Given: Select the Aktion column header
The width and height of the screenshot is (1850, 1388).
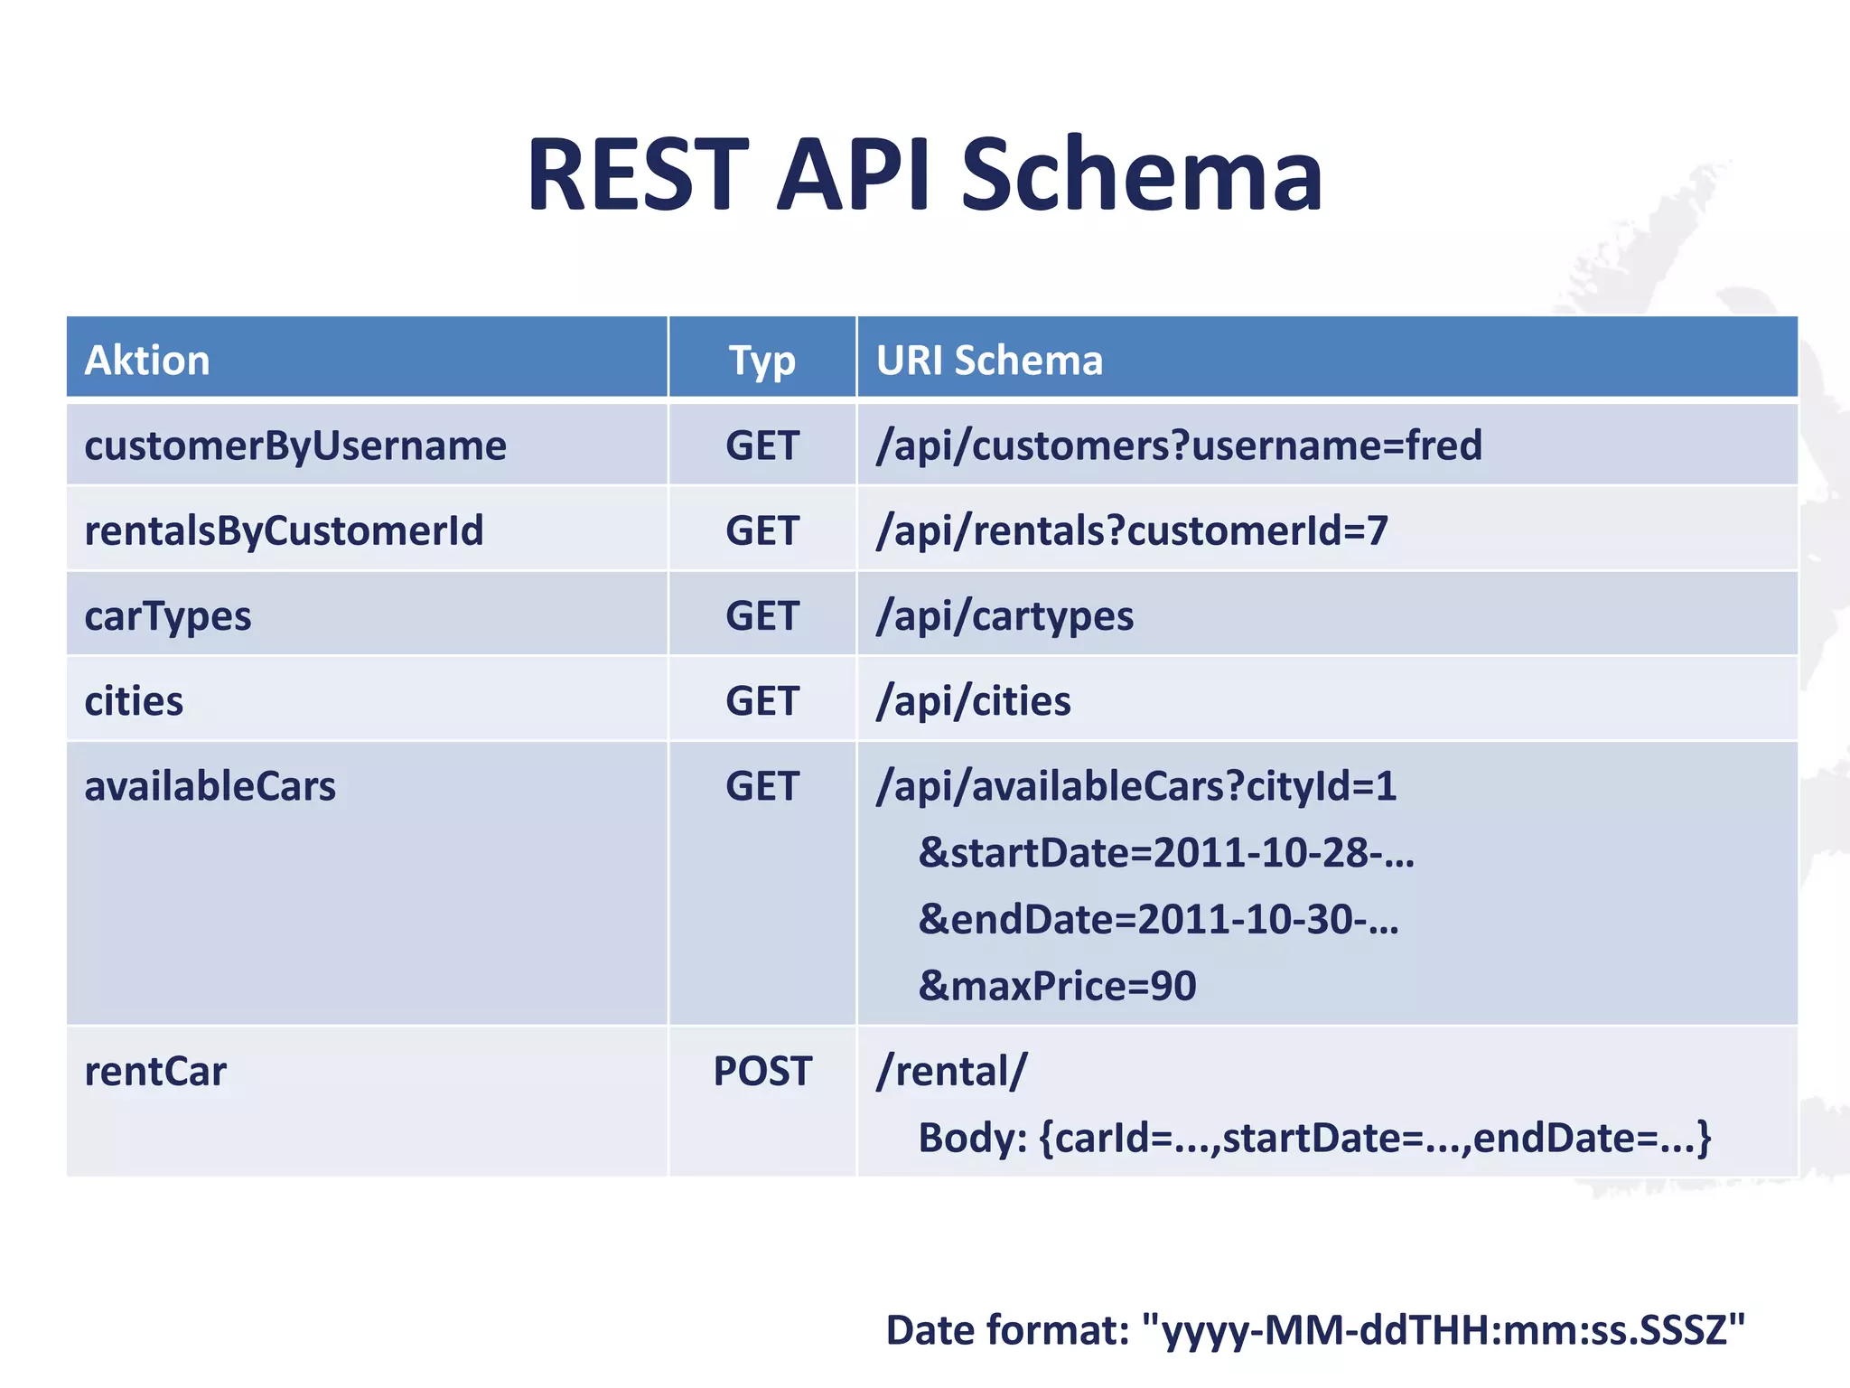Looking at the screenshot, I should [x=147, y=360].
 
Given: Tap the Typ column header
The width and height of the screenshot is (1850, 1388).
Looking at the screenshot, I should [x=761, y=360].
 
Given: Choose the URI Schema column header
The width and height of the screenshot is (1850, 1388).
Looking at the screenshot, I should [x=989, y=360].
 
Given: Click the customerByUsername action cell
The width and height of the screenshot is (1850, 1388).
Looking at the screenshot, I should [x=295, y=445].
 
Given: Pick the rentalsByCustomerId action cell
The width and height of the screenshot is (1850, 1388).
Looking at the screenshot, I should [x=284, y=530].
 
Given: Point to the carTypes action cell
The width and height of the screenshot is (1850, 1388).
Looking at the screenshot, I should [x=168, y=616].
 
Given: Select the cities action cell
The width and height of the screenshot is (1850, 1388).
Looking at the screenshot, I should [x=134, y=701].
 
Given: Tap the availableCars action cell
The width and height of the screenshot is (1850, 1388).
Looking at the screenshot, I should [x=210, y=786].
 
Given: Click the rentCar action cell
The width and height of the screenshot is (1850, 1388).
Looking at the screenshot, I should [x=155, y=1072].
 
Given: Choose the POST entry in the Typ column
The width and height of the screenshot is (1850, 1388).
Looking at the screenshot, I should [x=761, y=1072].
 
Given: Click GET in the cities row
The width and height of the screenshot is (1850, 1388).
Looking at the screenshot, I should [x=761, y=701].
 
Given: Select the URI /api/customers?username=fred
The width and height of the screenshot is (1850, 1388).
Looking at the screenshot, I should [x=1179, y=445].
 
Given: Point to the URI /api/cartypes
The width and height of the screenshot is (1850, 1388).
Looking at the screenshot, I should [x=1004, y=616].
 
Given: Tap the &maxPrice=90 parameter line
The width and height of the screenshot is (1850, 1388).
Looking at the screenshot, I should [x=1057, y=986].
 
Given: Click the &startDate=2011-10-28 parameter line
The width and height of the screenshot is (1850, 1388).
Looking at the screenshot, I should [x=1165, y=853].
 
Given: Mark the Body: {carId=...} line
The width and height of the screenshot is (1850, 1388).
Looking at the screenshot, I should [x=1314, y=1138].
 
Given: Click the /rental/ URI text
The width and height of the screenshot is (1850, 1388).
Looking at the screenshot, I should [x=951, y=1072].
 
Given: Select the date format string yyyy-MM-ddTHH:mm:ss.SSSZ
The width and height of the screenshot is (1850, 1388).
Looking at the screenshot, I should [x=1444, y=1330].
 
